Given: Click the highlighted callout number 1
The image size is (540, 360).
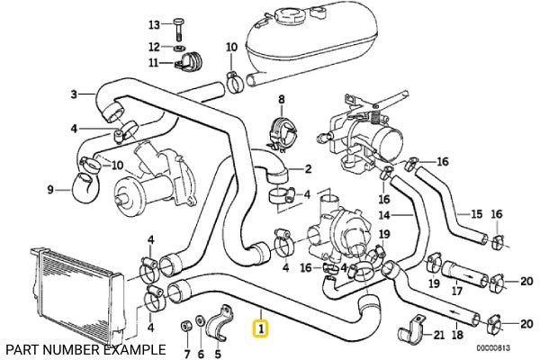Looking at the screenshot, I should pos(261,329).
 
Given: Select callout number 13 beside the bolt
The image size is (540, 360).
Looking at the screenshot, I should pos(153,23).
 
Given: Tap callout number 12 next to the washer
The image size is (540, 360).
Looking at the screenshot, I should pos(153,46).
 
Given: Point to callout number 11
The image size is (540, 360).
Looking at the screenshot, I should pos(153,62).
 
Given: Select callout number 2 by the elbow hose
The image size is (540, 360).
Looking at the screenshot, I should pos(307,168).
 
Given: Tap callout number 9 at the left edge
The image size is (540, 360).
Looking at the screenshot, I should pos(50,189).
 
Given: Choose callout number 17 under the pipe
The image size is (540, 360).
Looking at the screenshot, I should pos(456,292).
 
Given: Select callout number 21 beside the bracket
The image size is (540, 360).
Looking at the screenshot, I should pos(438,335).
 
